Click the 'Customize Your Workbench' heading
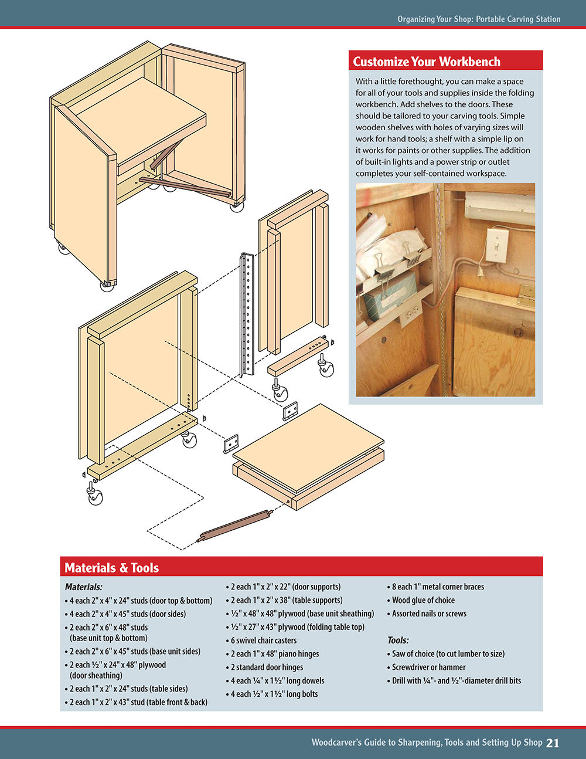point(427,62)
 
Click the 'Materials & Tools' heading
point(111,568)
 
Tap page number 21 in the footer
point(552,743)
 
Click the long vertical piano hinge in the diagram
point(246,314)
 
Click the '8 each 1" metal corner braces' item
point(438,587)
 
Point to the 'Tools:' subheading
point(398,641)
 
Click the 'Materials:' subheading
point(83,587)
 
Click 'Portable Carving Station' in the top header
point(518,19)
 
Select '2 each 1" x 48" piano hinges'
point(275,654)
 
